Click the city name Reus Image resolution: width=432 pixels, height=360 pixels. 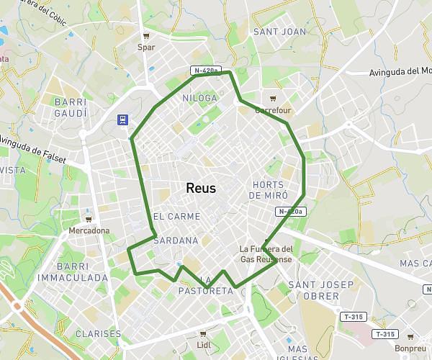201,188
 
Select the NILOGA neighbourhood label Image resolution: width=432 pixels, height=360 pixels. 200,97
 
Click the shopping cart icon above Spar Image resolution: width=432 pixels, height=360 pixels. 146,35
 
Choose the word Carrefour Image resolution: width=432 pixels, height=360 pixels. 273,111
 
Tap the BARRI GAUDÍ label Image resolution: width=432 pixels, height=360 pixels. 71,108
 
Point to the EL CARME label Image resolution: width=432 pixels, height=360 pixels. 177,217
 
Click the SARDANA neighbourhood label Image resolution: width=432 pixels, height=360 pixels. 176,240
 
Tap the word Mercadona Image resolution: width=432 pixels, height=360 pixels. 89,230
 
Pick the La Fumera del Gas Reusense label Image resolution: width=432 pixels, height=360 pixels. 266,253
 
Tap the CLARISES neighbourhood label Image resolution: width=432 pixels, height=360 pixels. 98,333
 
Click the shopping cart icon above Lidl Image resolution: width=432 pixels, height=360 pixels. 203,333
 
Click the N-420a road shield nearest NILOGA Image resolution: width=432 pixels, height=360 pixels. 205,71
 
